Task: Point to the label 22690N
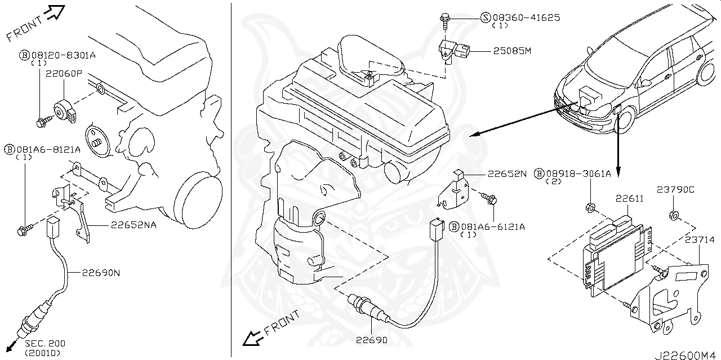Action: [101, 273]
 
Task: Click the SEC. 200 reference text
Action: [45, 343]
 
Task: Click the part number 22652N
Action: [507, 174]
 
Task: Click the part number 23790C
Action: [675, 190]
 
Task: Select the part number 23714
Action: [700, 240]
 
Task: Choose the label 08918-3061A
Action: [577, 174]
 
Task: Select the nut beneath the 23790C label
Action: [672, 215]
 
